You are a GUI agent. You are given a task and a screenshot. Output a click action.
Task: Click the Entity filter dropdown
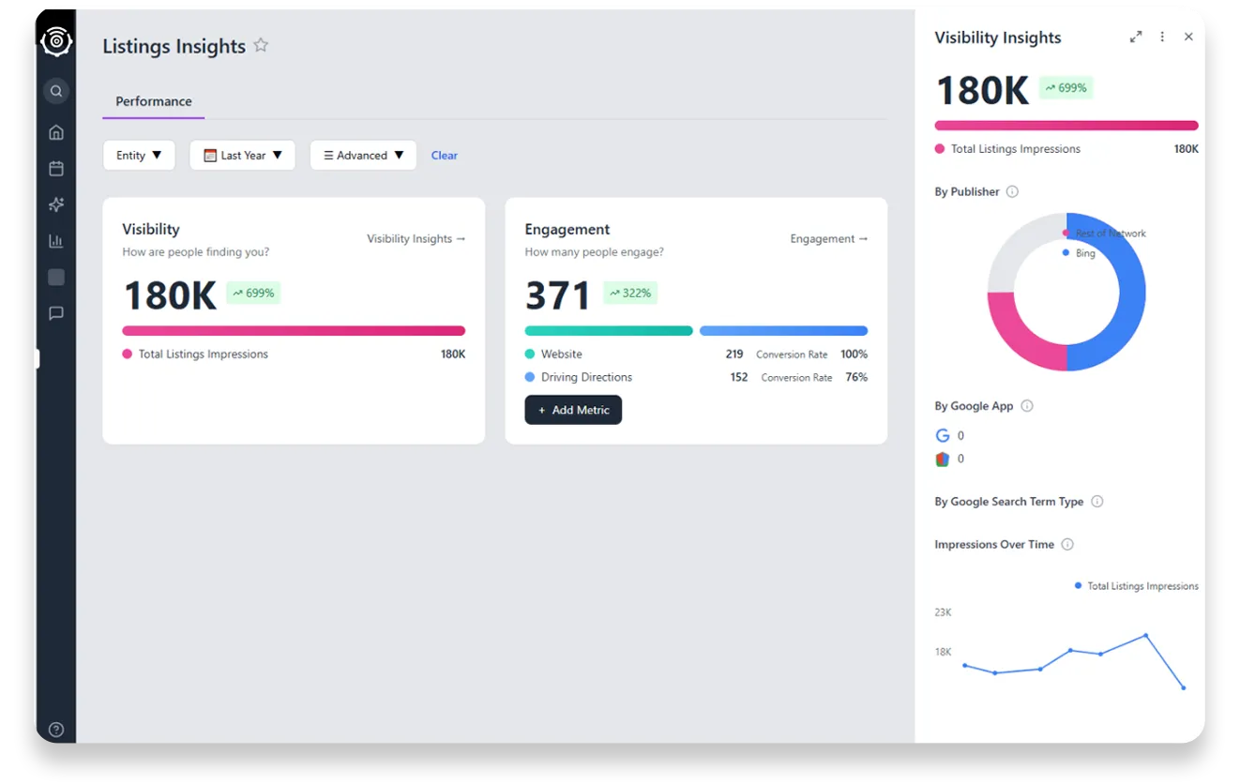pos(139,156)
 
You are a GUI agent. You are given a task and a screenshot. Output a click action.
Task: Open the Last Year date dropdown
pos(242,156)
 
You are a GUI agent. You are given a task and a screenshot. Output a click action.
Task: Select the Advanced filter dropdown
pos(363,156)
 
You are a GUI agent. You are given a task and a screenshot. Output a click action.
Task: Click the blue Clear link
pos(445,156)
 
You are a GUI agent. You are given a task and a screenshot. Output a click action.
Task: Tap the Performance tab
pos(154,101)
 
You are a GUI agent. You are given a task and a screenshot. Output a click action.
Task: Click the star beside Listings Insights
pos(261,45)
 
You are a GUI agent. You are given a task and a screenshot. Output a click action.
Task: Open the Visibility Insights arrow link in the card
pos(416,239)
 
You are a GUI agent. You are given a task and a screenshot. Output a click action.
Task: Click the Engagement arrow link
pos(829,239)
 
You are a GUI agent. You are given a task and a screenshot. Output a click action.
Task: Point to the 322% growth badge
pos(629,294)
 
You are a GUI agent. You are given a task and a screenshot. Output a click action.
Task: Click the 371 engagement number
pos(558,295)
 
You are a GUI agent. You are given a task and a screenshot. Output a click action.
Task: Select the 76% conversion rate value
pos(855,378)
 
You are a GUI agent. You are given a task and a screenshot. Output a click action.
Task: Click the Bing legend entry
pos(1085,253)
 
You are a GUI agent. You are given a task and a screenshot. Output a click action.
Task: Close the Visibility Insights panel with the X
pos(1188,38)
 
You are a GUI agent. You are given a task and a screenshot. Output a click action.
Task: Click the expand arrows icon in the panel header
pos(1136,38)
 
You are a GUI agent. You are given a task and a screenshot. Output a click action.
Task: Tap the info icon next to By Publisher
pos(1012,192)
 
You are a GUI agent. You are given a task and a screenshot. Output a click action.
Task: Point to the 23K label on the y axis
pos(943,612)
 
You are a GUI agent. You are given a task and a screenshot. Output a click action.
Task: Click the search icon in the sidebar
pos(56,91)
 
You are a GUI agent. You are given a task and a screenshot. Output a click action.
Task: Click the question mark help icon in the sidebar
pos(56,730)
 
